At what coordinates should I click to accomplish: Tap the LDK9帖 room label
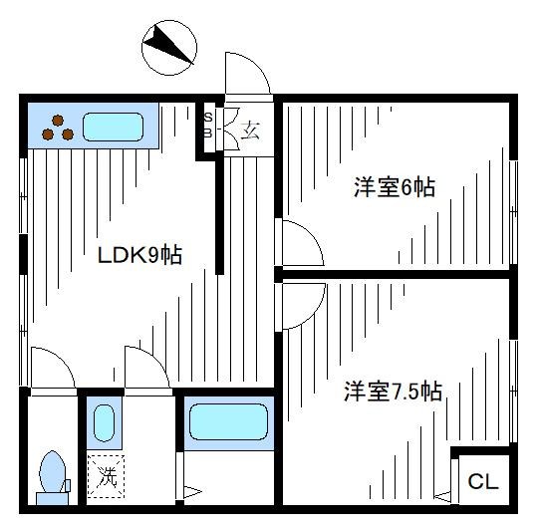click(139, 255)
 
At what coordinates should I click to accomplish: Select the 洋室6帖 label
click(395, 187)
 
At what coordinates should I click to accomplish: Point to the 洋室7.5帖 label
click(395, 392)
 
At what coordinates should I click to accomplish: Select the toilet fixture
click(51, 476)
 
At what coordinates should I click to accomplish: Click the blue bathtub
click(229, 421)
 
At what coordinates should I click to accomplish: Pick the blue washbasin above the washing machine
click(105, 422)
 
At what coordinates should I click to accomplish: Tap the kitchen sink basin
click(114, 127)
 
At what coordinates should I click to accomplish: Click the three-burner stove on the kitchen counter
click(57, 125)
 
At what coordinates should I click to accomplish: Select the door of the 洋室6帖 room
click(299, 243)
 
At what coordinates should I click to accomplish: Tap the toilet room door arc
click(52, 369)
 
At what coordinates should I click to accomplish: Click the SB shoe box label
click(208, 125)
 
